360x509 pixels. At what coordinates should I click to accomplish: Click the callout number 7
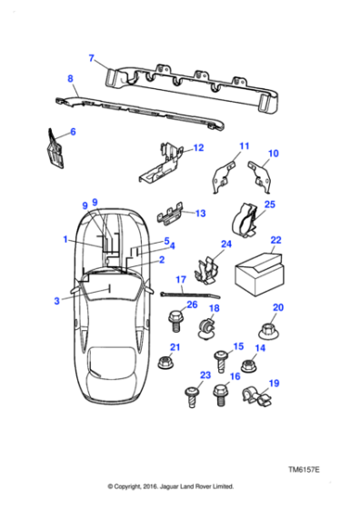(92, 59)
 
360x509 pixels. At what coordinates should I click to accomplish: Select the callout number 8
(70, 80)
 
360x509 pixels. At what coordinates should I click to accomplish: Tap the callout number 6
(73, 133)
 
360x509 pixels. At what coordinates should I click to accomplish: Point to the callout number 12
(198, 147)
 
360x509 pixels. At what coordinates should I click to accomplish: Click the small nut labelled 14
(254, 365)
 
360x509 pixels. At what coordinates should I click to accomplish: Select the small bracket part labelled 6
(54, 147)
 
